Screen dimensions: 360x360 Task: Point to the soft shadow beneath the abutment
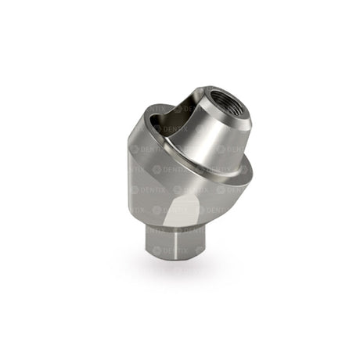click(x=168, y=279)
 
